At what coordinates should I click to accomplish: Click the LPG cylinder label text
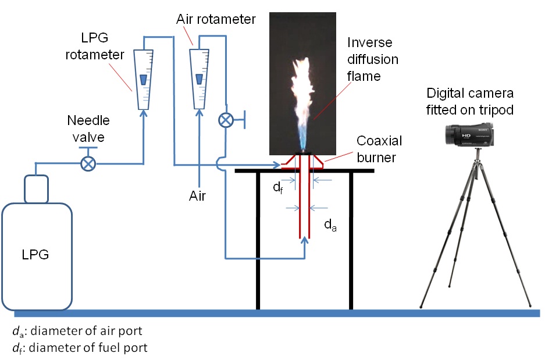click(36, 254)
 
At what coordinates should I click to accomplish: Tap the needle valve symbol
click(88, 164)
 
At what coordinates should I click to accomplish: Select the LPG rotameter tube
click(143, 80)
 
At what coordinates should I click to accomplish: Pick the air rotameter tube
click(200, 80)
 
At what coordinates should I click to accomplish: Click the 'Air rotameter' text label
click(215, 19)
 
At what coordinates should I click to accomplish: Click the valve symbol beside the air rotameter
click(225, 120)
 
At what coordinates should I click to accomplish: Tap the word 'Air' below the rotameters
click(198, 196)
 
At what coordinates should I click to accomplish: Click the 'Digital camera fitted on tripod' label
click(469, 101)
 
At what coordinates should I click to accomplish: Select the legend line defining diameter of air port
click(76, 332)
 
